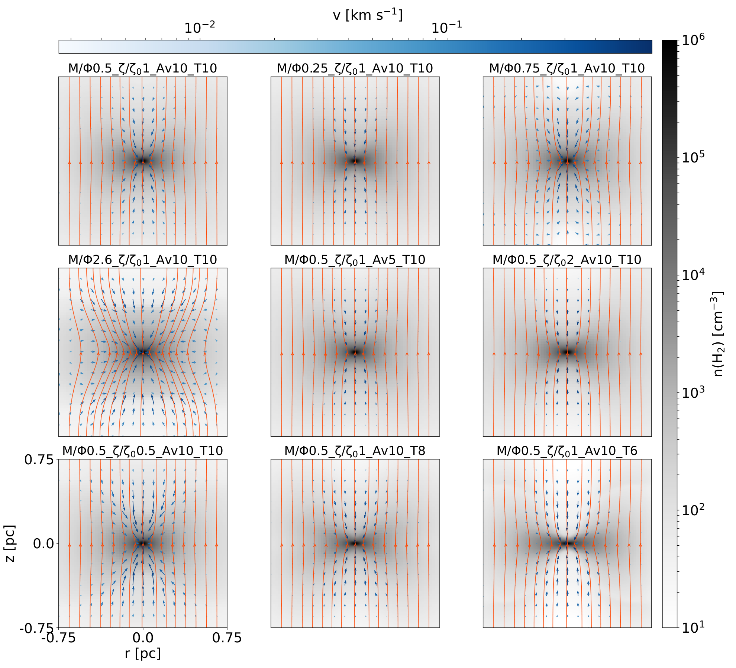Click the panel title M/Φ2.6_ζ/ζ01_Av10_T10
[x=143, y=260]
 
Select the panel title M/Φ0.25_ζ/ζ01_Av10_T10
[x=355, y=69]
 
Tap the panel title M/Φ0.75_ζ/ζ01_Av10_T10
[x=567, y=69]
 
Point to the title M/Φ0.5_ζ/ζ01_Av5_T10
[x=355, y=260]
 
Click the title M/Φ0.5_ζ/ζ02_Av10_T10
[x=567, y=260]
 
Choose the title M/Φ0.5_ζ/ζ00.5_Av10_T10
[x=143, y=451]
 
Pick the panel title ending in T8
[x=355, y=451]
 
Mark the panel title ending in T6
[x=567, y=451]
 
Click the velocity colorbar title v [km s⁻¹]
[x=368, y=15]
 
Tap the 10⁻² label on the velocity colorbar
[x=200, y=28]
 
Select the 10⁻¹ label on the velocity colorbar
[x=447, y=28]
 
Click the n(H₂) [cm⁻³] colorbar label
[x=719, y=334]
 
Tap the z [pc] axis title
[x=10, y=543]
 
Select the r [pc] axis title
[x=143, y=653]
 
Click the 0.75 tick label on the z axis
[x=39, y=460]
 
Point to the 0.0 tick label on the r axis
[x=143, y=638]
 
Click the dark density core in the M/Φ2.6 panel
[x=143, y=352]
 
